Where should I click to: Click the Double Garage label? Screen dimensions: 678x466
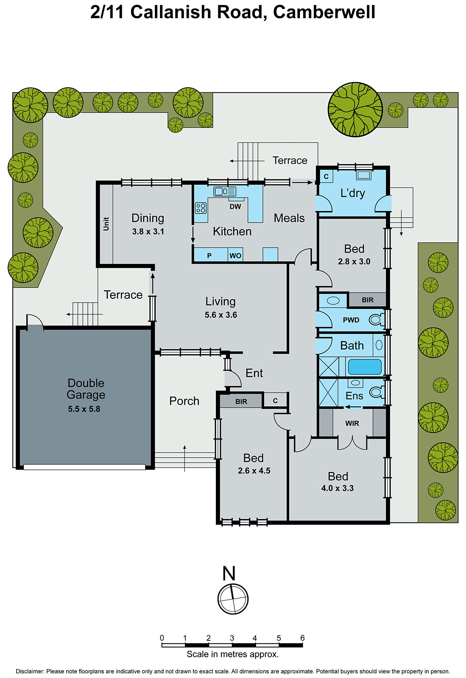[86, 389]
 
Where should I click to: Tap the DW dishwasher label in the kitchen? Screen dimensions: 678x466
[235, 207]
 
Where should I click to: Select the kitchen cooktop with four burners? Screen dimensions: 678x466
[201, 208]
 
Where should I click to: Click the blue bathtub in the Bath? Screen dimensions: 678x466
[365, 367]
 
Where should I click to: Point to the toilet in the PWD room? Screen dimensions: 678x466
[375, 320]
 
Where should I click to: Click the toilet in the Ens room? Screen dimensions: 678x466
[376, 392]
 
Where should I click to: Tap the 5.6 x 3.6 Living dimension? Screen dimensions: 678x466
[220, 315]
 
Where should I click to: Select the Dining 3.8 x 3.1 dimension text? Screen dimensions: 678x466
[148, 231]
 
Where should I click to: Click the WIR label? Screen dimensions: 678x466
[352, 423]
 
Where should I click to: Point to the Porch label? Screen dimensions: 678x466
[184, 401]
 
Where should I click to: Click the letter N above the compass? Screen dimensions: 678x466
[229, 574]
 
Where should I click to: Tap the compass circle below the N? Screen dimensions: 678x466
[233, 599]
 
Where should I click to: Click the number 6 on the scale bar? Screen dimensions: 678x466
[302, 638]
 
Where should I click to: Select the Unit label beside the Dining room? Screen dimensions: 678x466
[106, 224]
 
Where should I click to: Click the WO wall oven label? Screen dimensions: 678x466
[235, 256]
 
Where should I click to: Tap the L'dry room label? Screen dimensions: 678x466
[352, 193]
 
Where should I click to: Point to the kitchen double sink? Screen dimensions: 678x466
[224, 192]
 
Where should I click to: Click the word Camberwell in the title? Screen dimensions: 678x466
[324, 12]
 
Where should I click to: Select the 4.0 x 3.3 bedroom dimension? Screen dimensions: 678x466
[338, 488]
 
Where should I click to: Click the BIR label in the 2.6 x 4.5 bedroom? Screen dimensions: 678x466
[241, 401]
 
